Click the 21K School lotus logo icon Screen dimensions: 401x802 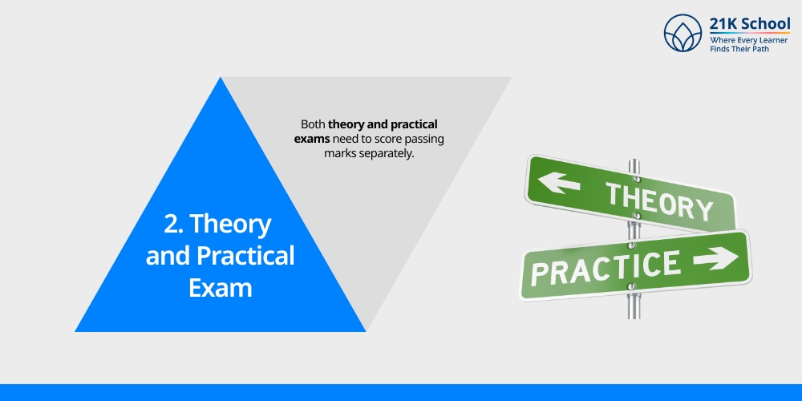[x=683, y=34]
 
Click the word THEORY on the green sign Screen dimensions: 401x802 [x=658, y=200]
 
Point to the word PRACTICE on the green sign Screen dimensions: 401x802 [x=605, y=267]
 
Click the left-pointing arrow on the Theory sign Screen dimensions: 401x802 [x=559, y=183]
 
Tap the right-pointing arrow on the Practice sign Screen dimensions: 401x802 [x=715, y=258]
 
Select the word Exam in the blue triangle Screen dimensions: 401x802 [x=220, y=286]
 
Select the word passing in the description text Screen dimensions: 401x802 [x=423, y=139]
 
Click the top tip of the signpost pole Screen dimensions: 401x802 [x=634, y=161]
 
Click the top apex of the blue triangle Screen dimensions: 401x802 [x=221, y=79]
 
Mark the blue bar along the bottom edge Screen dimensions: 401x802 [x=401, y=392]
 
